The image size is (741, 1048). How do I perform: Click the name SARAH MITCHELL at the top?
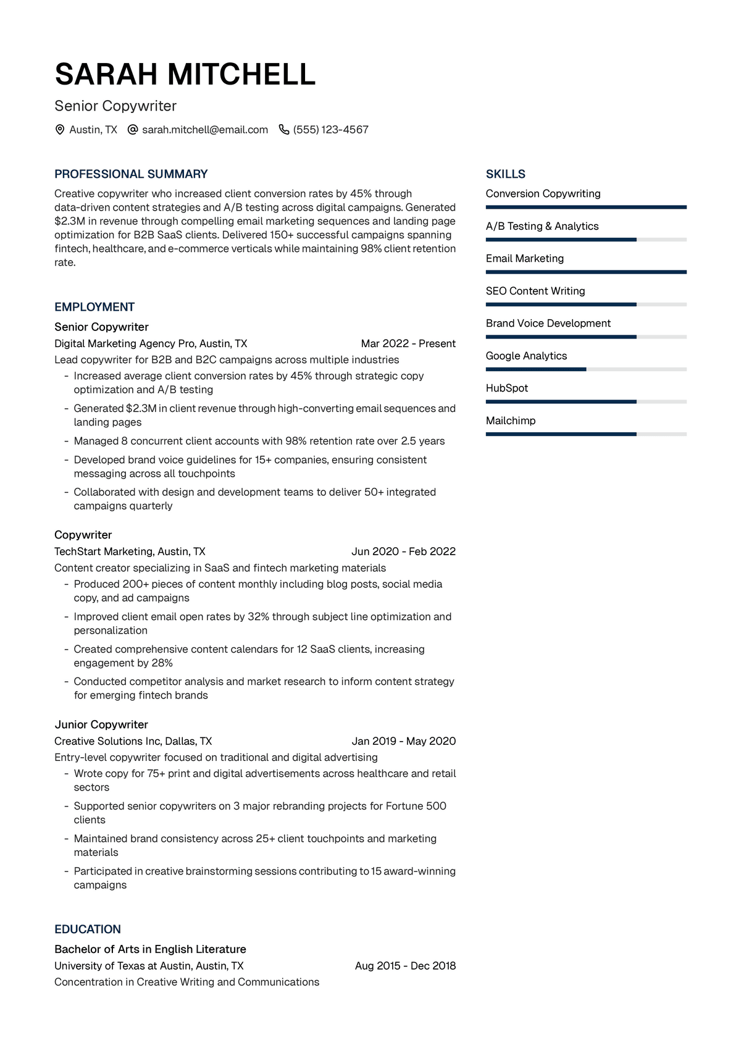(185, 74)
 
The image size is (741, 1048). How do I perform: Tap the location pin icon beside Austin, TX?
(60, 130)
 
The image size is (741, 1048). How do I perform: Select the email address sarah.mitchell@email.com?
(205, 130)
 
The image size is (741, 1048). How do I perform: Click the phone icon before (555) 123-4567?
(284, 130)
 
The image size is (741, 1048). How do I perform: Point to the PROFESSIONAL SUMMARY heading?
(131, 174)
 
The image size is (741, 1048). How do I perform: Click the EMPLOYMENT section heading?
(94, 307)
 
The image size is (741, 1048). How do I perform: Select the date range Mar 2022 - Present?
(408, 343)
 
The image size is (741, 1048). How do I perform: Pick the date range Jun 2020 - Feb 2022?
(403, 551)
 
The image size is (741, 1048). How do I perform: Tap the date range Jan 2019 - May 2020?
(403, 741)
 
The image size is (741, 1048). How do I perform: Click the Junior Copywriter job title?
(101, 724)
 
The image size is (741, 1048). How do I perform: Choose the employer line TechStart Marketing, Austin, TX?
(130, 551)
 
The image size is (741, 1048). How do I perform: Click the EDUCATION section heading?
(88, 929)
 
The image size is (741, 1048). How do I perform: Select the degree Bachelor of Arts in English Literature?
(150, 949)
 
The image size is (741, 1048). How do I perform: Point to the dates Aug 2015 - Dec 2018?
(405, 966)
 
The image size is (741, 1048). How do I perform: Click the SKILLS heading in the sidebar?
(506, 174)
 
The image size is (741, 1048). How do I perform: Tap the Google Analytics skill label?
(526, 356)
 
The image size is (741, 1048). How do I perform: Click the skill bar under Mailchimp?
(586, 434)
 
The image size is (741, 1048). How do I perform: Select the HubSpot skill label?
(507, 388)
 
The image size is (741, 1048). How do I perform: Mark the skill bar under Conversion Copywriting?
(586, 207)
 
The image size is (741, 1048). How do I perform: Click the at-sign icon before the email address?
(132, 130)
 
